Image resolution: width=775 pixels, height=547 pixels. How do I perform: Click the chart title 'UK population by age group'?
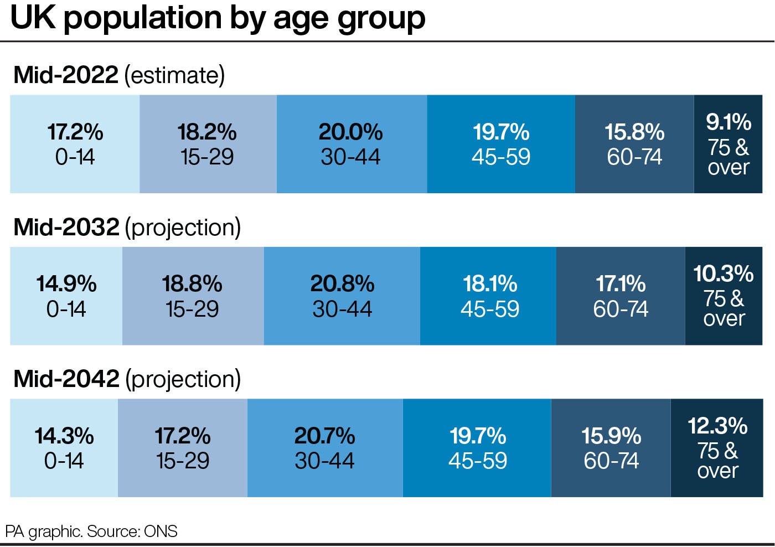[218, 18]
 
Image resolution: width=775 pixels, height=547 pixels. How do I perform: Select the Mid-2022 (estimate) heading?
[119, 75]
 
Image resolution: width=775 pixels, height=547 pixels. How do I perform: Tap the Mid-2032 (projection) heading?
[127, 227]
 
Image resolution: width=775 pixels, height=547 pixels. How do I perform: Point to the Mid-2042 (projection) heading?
[127, 379]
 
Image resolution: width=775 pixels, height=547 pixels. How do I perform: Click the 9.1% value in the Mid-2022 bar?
[728, 122]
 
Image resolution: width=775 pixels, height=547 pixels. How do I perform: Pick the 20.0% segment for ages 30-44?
[351, 144]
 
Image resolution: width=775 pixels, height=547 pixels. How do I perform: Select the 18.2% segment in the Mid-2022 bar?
[207, 144]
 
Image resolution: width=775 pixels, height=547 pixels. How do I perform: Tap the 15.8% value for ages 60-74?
[634, 132]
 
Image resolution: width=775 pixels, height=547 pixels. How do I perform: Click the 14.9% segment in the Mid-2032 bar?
[66, 296]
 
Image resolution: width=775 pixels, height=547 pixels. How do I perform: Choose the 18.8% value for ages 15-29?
[192, 284]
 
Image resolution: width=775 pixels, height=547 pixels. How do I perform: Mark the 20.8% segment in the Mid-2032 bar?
[342, 296]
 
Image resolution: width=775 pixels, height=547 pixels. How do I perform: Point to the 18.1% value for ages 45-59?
[490, 284]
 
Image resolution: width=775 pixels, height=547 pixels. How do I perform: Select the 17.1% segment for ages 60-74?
[621, 296]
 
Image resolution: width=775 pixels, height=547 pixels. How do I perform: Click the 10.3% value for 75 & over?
[724, 273]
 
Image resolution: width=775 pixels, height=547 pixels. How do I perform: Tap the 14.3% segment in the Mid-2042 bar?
[64, 448]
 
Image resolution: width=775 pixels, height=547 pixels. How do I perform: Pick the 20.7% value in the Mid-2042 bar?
[324, 436]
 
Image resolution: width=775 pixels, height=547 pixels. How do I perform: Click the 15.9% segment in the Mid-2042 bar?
[611, 448]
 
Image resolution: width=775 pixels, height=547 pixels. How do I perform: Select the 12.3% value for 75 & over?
[717, 426]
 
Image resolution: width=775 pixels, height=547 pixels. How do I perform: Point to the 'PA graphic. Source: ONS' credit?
[91, 531]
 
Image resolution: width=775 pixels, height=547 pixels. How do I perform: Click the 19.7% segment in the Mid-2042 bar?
[477, 448]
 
